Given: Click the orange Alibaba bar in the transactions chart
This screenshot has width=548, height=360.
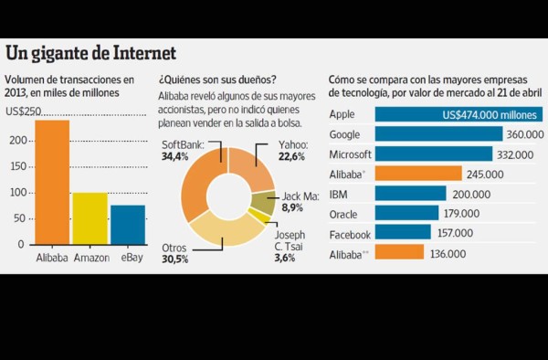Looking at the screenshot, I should click(x=52, y=183).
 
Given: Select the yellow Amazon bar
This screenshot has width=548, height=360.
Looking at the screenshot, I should click(x=90, y=218).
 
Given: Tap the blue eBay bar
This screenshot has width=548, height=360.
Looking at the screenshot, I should click(x=128, y=225).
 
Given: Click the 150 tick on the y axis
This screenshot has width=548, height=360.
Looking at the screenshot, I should click(x=16, y=166).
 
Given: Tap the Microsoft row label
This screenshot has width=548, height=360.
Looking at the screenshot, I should click(x=351, y=154).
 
